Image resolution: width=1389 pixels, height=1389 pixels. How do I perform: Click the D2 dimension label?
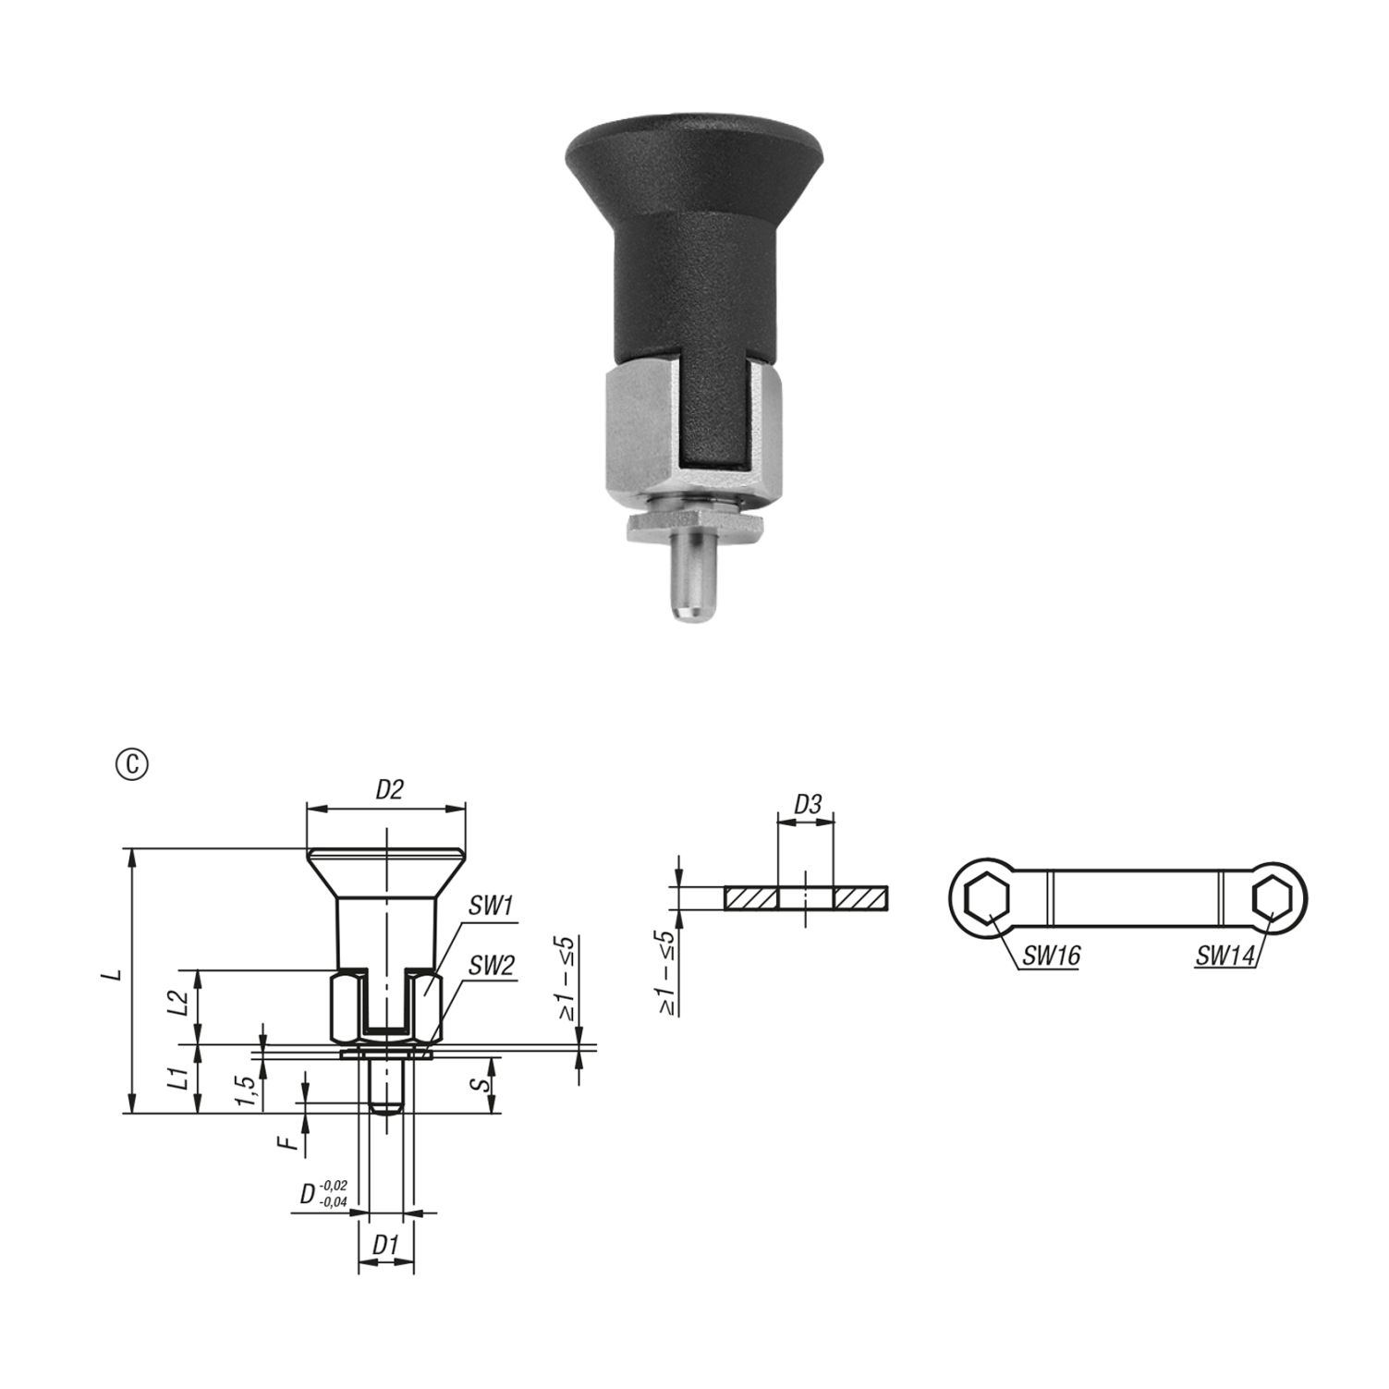tap(389, 790)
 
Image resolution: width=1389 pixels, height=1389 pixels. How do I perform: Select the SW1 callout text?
tap(491, 907)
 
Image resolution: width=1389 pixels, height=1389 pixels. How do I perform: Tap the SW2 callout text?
tap(491, 967)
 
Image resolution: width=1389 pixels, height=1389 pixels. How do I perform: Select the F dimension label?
tap(292, 1144)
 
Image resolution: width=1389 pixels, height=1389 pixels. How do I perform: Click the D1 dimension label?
tap(386, 1246)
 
